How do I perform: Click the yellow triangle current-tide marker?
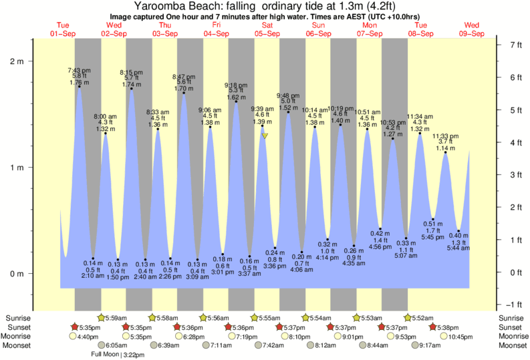tap(265, 136)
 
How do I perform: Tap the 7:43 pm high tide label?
tap(79, 70)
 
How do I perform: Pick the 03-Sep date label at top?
tap(165, 33)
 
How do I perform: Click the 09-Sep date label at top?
tap(472, 33)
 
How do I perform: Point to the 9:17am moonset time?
tap(433, 345)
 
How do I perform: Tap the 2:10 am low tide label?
tap(92, 275)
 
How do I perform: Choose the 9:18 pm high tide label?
tap(236, 85)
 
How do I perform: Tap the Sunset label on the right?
tap(513, 327)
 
